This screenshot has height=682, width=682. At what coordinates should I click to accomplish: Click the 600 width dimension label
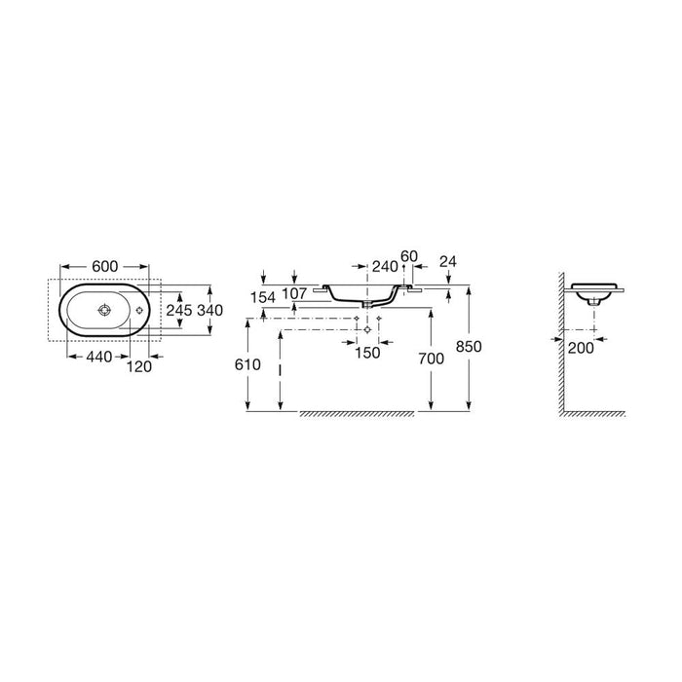point(105,266)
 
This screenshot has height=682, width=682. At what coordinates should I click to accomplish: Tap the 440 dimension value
point(99,358)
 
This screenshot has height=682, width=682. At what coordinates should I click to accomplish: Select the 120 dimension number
point(139,367)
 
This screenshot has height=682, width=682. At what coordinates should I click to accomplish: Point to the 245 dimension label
point(179,310)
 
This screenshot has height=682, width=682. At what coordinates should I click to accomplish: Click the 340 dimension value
point(210,310)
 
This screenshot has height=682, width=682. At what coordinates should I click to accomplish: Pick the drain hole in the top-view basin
point(105,310)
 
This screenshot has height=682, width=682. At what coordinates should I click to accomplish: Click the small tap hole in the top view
point(139,310)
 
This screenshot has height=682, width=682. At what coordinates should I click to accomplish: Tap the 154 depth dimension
point(263,297)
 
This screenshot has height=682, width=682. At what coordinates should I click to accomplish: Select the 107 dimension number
point(294,294)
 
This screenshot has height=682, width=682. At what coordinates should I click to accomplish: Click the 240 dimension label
point(386,266)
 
